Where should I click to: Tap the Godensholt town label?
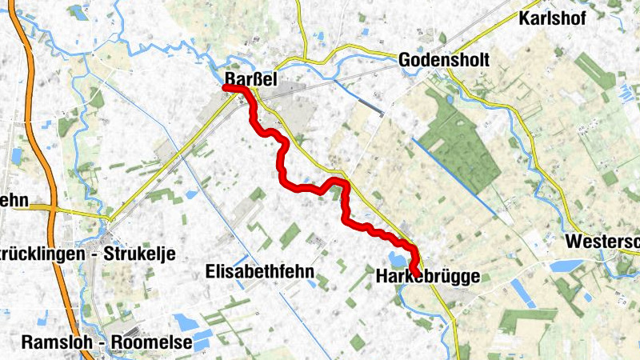[x=442, y=61]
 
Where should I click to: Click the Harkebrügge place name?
[x=427, y=278]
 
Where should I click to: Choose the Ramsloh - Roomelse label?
[x=95, y=342]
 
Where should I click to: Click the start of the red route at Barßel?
[x=226, y=88]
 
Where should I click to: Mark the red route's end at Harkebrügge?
[x=416, y=273]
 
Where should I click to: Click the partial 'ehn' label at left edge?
[x=14, y=200]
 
